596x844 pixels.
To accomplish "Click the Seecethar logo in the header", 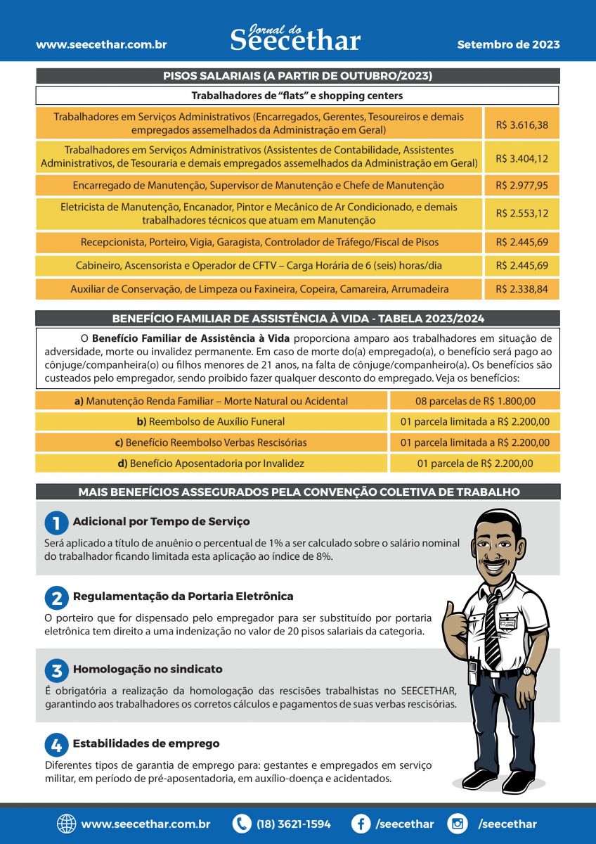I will coord(295,38).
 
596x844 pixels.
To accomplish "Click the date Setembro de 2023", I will coord(508,44).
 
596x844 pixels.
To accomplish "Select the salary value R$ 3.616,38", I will coord(521,124).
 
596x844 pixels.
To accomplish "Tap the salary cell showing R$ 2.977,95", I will coord(521,186).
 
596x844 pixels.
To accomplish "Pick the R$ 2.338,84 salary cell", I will coord(521,289).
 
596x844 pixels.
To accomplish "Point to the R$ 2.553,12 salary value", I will coord(521,213).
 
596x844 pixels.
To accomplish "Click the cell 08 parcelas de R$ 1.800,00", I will coord(474,401).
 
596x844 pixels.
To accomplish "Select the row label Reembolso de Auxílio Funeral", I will coord(211,421).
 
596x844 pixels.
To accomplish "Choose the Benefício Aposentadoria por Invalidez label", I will coord(210,463).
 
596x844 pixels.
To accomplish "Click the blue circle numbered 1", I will coord(56,523).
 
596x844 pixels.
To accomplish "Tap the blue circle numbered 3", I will coord(56,670).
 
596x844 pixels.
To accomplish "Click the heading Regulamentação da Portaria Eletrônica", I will coord(183,596).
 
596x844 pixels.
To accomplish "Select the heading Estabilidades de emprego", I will coord(146,743).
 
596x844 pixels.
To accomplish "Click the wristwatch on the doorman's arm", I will coord(528,671).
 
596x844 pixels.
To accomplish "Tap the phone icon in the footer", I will coord(242,824).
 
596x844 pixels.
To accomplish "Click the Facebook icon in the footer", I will coord(361,824).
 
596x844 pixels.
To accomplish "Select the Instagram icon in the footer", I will coord(458,824).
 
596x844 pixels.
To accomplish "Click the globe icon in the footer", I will coord(67,824).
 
